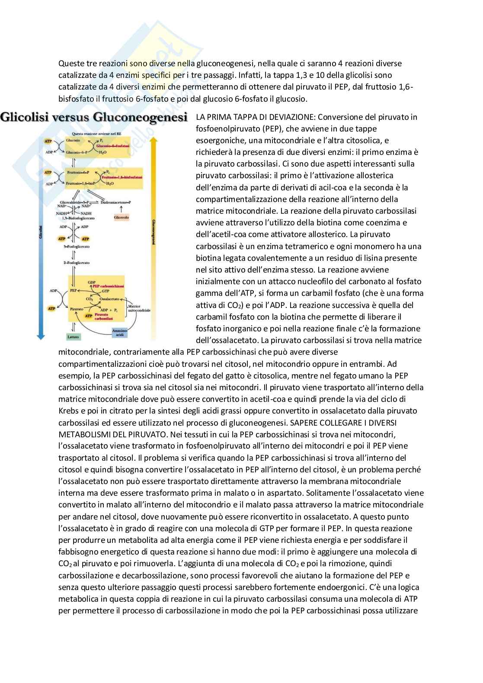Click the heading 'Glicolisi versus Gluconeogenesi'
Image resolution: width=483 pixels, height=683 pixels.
(x=94, y=117)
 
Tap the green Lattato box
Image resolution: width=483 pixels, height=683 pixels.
(x=74, y=336)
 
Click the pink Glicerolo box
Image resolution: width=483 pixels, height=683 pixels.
(x=122, y=218)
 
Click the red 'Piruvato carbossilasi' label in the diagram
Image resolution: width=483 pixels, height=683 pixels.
(x=103, y=317)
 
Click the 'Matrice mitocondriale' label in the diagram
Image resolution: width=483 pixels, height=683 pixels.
(x=139, y=308)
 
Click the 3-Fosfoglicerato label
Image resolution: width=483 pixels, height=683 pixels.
(x=77, y=247)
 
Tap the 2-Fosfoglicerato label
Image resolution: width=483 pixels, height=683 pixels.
(x=77, y=263)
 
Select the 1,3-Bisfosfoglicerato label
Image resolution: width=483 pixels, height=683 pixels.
(x=78, y=218)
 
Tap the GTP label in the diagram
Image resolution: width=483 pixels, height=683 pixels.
(x=105, y=292)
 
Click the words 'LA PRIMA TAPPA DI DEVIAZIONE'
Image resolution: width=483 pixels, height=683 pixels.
(x=255, y=117)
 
